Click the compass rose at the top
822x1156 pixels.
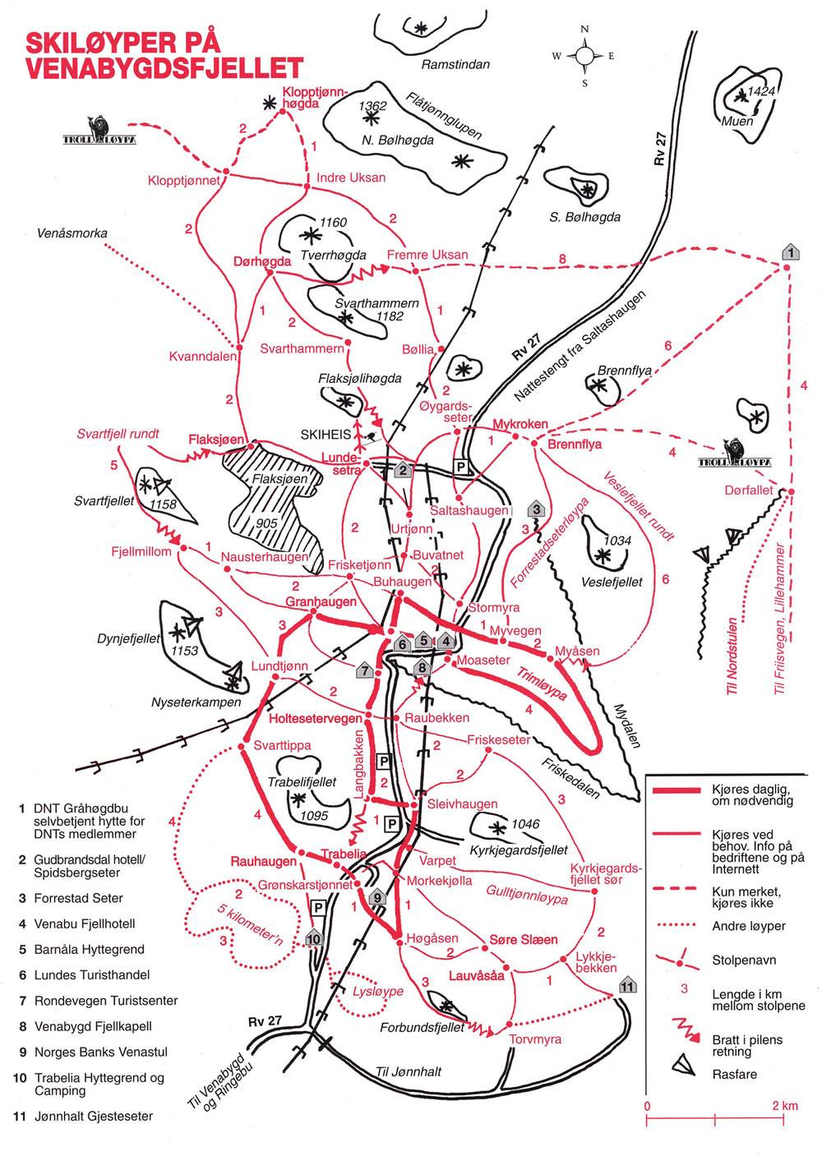(584, 56)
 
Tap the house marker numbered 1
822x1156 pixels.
(790, 252)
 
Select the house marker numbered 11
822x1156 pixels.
(627, 986)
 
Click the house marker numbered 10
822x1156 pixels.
(313, 937)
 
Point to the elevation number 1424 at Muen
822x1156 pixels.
(761, 91)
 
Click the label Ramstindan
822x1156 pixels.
(455, 64)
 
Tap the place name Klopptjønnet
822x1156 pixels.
(183, 180)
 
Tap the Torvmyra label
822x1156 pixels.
(535, 1039)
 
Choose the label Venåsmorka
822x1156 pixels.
(72, 233)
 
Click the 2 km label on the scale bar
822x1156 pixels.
(785, 1106)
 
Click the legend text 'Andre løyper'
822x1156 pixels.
(749, 926)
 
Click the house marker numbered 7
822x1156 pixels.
(364, 670)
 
